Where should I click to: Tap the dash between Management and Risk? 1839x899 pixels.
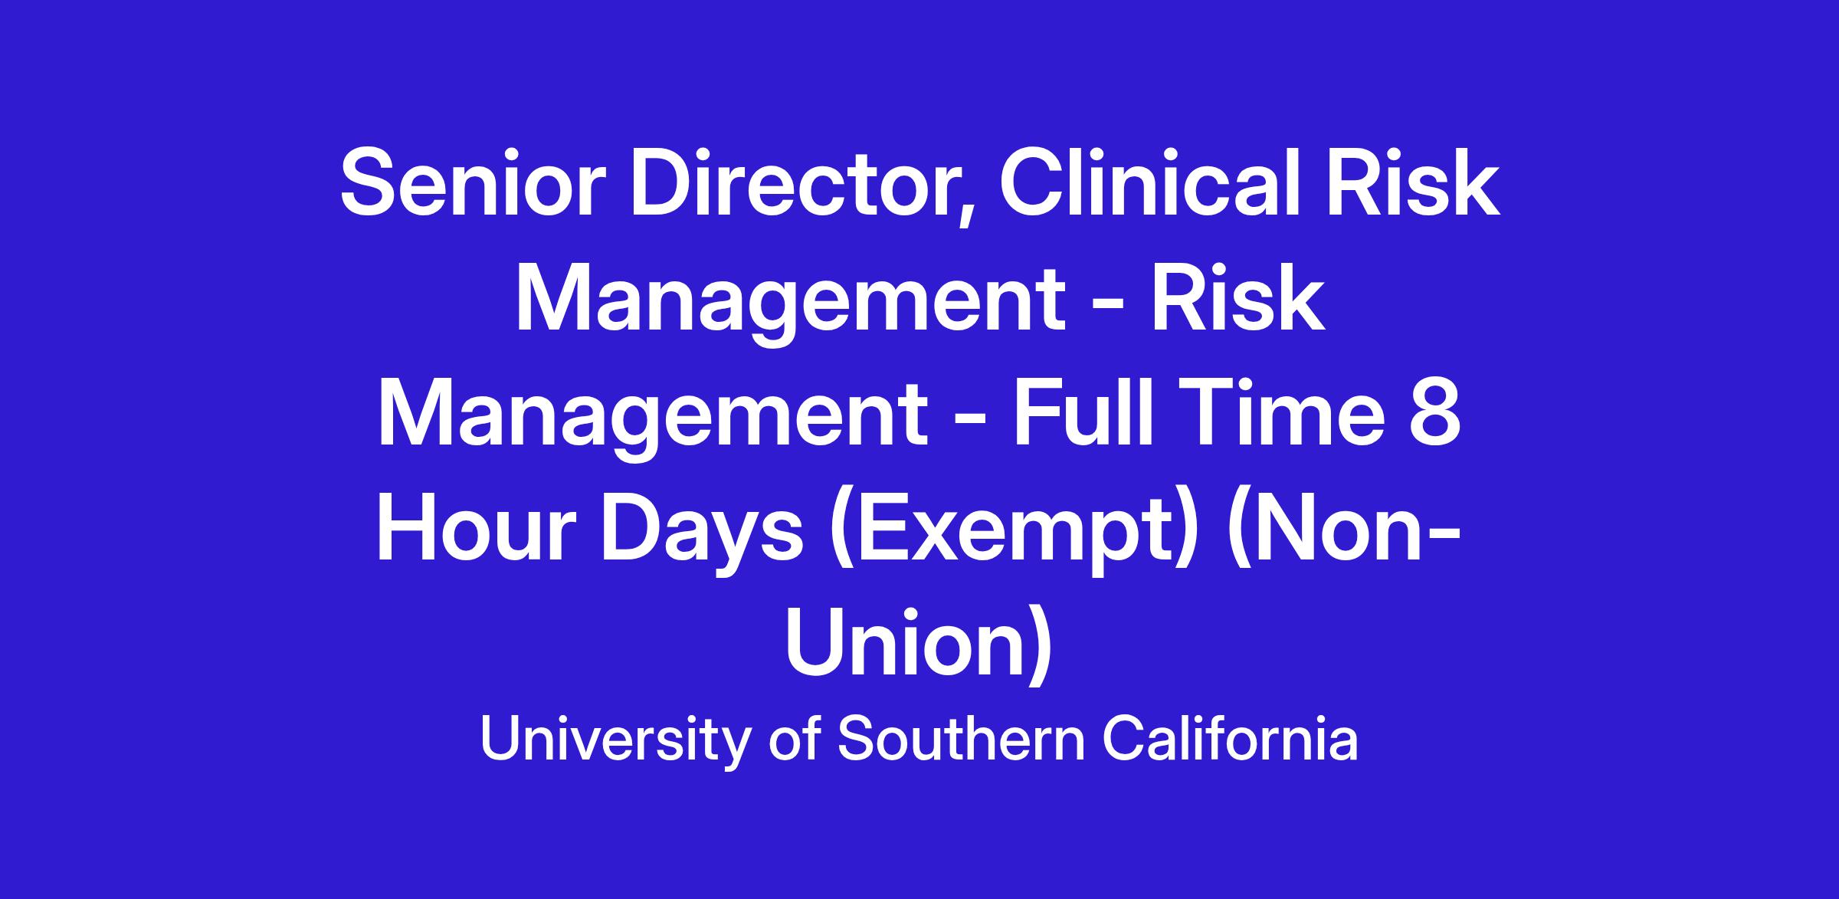coord(1108,307)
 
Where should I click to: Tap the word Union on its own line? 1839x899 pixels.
coord(919,651)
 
